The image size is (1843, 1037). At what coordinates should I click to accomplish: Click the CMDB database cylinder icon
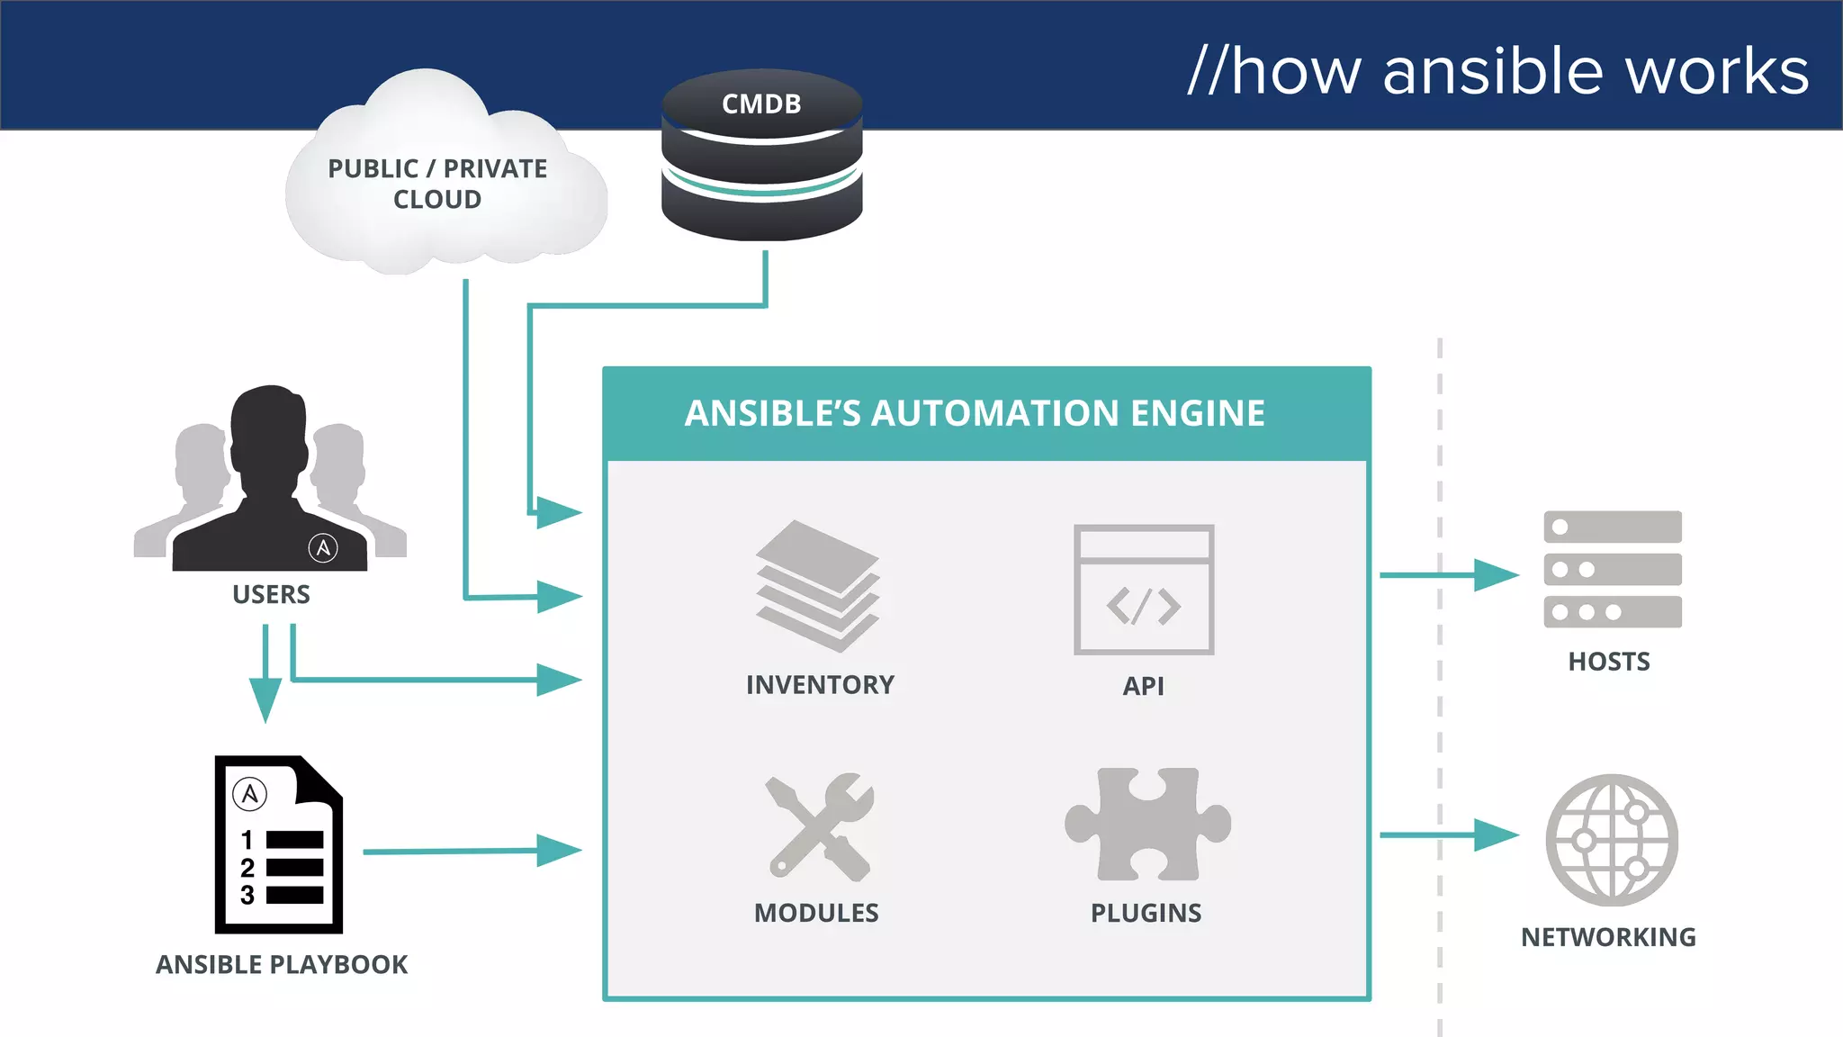pyautogui.click(x=761, y=158)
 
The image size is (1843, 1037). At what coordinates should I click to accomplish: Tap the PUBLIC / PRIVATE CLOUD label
pyautogui.click(x=437, y=184)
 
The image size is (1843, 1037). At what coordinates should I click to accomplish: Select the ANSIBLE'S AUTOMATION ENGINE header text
pyautogui.click(x=975, y=413)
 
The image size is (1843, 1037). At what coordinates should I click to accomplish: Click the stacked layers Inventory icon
pyautogui.click(x=817, y=586)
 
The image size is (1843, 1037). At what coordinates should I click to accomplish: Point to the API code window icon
pyautogui.click(x=1144, y=590)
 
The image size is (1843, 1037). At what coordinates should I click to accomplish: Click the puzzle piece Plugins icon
pyautogui.click(x=1147, y=825)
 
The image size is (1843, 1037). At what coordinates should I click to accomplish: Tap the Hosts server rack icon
pyautogui.click(x=1612, y=569)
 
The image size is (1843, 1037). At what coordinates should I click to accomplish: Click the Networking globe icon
pyautogui.click(x=1612, y=840)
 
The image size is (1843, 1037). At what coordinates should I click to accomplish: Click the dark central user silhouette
pyautogui.click(x=269, y=486)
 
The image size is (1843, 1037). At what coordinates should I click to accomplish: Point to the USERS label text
pyautogui.click(x=271, y=595)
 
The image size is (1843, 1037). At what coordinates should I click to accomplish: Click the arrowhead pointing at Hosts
pyautogui.click(x=1496, y=574)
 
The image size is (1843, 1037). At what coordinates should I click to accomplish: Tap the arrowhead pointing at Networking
pyautogui.click(x=1496, y=834)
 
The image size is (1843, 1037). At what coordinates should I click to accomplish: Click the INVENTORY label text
pyautogui.click(x=820, y=685)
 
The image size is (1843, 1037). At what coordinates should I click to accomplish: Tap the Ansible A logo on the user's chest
pyautogui.click(x=323, y=547)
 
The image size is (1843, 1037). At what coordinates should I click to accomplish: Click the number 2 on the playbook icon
pyautogui.click(x=247, y=868)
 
